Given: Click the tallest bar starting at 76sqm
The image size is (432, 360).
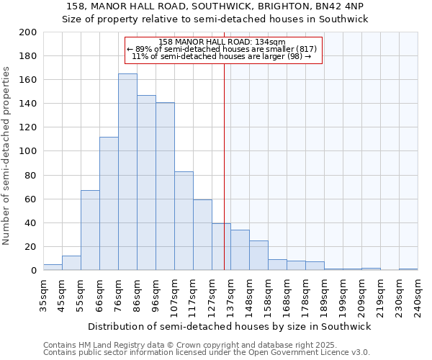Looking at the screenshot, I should tap(127, 172).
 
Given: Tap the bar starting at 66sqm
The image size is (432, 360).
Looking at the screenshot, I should tap(109, 204).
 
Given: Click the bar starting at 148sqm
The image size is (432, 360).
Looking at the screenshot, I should tap(258, 256).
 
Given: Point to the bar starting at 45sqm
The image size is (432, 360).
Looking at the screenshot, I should tap(71, 263).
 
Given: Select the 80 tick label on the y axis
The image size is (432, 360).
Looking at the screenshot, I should tap(30, 175).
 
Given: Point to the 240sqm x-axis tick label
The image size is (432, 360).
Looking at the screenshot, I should tap(418, 295).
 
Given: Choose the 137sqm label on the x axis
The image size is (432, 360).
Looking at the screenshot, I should tap(231, 295).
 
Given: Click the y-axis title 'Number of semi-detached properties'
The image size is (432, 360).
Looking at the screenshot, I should tap(7, 156).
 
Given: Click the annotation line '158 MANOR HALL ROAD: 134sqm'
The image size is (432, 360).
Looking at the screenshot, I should tap(222, 42).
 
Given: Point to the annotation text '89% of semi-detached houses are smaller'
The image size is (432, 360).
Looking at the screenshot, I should tap(222, 49).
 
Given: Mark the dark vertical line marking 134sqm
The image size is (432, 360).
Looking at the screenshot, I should tap(224, 180).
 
